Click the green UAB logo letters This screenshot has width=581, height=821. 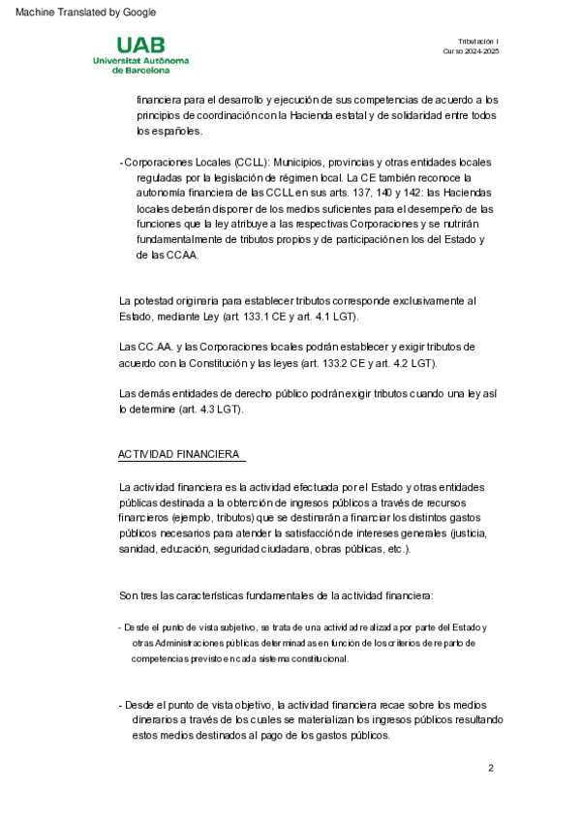tap(141, 46)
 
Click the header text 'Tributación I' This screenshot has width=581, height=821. tap(477, 41)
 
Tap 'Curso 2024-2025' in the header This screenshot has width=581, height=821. tap(471, 51)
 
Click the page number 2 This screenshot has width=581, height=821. tap(491, 768)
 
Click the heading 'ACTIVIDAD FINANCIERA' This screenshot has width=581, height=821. tap(179, 454)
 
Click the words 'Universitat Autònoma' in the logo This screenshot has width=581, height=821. tap(141, 60)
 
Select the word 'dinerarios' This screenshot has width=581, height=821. tap(160, 719)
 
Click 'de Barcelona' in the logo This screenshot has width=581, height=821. tap(141, 70)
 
